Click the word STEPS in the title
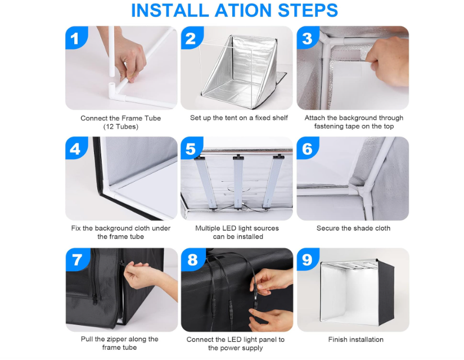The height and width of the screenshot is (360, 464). pos(308,10)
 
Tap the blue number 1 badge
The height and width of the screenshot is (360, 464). pos(76,37)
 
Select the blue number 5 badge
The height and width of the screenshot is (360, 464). pos(191,147)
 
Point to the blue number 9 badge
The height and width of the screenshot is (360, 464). pos(308,259)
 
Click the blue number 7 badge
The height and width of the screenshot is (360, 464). pos(78,259)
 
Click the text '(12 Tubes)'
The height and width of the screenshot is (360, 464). pos(121,127)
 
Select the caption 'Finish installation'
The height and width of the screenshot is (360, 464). pos(355,340)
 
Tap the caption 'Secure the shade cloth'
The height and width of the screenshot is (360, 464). pos(353,228)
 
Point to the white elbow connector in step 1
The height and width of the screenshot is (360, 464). pos(115,91)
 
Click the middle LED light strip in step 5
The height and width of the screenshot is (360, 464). pos(238,181)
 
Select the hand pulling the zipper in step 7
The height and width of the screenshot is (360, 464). pos(143,278)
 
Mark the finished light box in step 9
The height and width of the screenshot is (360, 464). pos(357,291)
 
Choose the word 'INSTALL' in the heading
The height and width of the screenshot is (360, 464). pos(169,10)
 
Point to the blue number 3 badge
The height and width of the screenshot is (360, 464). pos(308,38)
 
